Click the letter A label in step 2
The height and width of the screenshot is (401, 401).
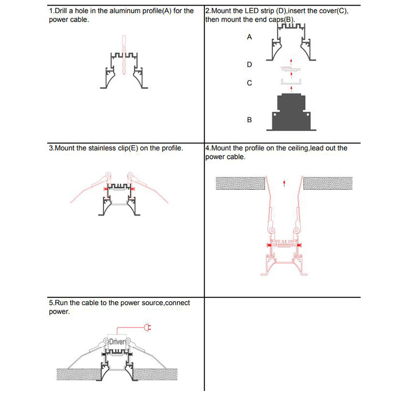click(x=249, y=38)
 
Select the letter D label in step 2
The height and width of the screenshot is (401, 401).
click(x=249, y=65)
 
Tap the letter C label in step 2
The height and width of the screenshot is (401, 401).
click(x=249, y=83)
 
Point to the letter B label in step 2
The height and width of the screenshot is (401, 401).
click(x=249, y=120)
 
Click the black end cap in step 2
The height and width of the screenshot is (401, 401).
click(x=291, y=111)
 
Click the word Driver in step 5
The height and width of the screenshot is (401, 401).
click(x=116, y=342)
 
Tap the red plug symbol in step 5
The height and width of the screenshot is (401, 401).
click(x=147, y=328)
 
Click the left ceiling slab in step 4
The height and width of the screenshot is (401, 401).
click(x=240, y=183)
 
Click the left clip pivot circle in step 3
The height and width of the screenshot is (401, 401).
click(x=107, y=177)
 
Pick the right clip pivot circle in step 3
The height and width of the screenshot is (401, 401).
click(x=130, y=177)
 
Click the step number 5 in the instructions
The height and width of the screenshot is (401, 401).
click(x=51, y=303)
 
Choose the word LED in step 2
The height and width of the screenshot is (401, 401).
click(x=257, y=11)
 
